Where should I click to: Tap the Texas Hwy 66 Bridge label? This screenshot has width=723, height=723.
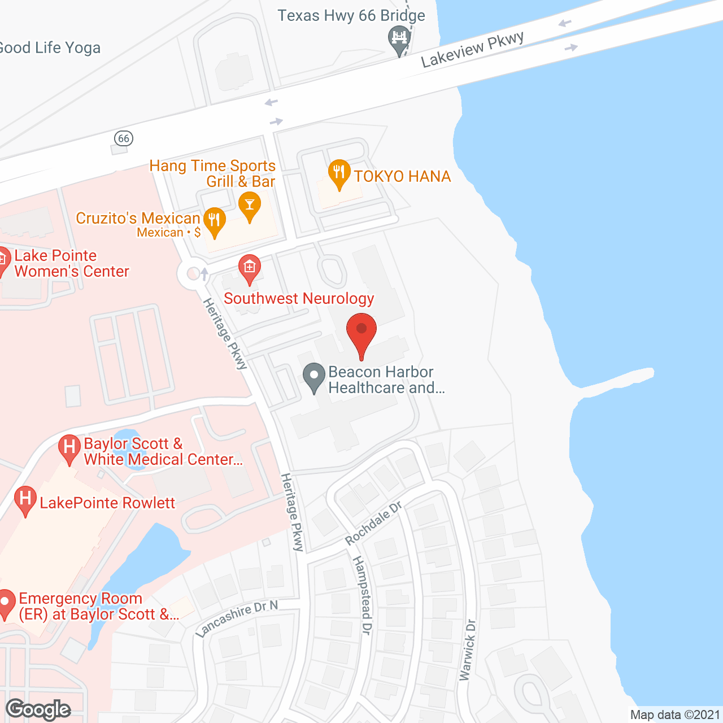(351, 15)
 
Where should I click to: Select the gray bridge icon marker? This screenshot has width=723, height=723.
(399, 40)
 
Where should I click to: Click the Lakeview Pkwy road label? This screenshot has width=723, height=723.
(472, 50)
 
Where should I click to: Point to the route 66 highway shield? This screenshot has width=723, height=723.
(123, 138)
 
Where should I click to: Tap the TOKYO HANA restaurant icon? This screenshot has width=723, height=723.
(339, 173)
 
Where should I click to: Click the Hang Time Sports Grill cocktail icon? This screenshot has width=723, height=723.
(249, 206)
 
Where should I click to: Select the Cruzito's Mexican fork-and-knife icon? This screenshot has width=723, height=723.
(214, 221)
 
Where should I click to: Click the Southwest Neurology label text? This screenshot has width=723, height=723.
(299, 298)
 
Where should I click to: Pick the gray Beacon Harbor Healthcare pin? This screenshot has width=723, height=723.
(313, 377)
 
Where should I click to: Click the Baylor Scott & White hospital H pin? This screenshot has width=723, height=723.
(69, 448)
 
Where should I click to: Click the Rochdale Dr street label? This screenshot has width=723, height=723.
(373, 523)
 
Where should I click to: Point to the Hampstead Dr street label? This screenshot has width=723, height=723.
(362, 595)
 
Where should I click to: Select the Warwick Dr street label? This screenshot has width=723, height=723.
(468, 650)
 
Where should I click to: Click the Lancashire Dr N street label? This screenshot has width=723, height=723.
(237, 619)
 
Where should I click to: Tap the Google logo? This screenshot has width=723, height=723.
(38, 709)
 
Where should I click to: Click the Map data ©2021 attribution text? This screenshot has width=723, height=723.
(675, 715)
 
